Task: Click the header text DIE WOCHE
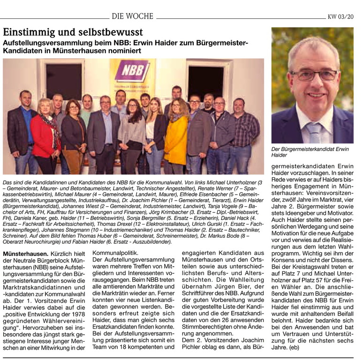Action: tap(132, 16)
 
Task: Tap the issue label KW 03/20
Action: tap(341, 17)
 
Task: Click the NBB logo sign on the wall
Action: tap(132, 71)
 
